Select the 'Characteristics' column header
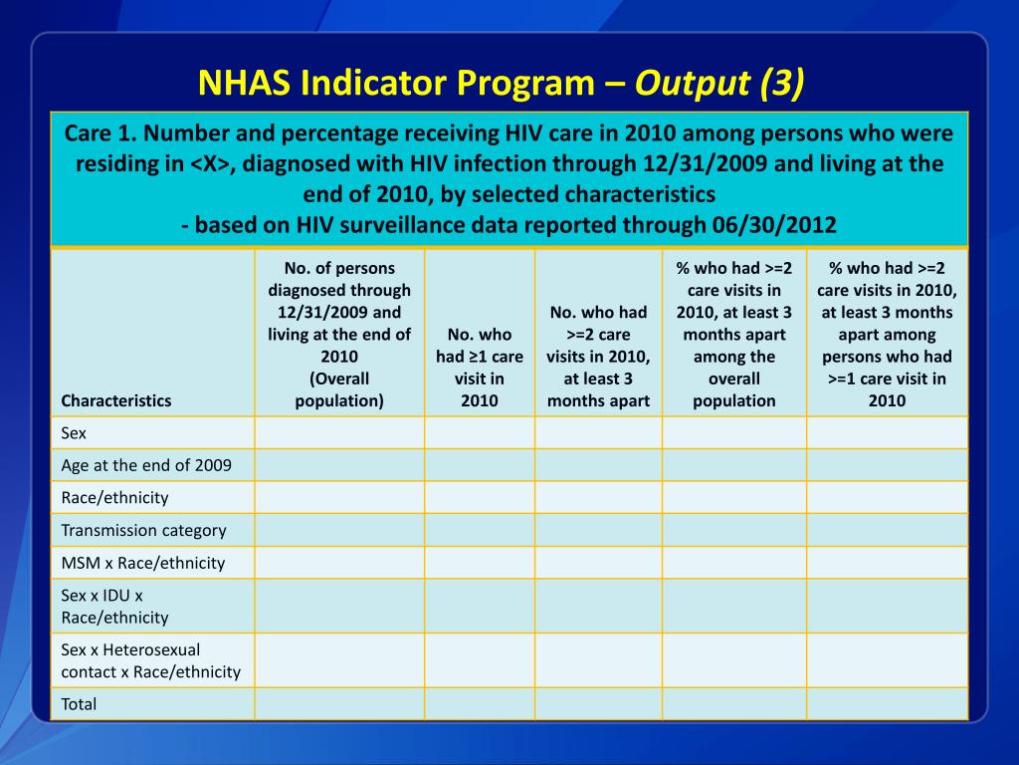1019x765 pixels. point(115,400)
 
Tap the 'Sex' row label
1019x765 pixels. point(74,433)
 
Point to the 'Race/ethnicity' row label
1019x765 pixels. point(114,497)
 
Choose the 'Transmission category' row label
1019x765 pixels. point(143,530)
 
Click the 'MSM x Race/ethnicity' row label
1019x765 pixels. point(142,563)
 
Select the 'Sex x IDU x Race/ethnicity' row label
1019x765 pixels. point(114,607)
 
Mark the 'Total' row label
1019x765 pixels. point(79,704)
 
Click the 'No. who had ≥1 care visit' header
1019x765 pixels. point(480,368)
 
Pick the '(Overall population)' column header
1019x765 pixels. point(339,389)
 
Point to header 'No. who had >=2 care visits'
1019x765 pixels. point(598,357)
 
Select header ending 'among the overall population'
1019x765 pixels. point(734,335)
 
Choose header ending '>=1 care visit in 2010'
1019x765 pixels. point(888,335)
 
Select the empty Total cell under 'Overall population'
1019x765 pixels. point(339,704)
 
